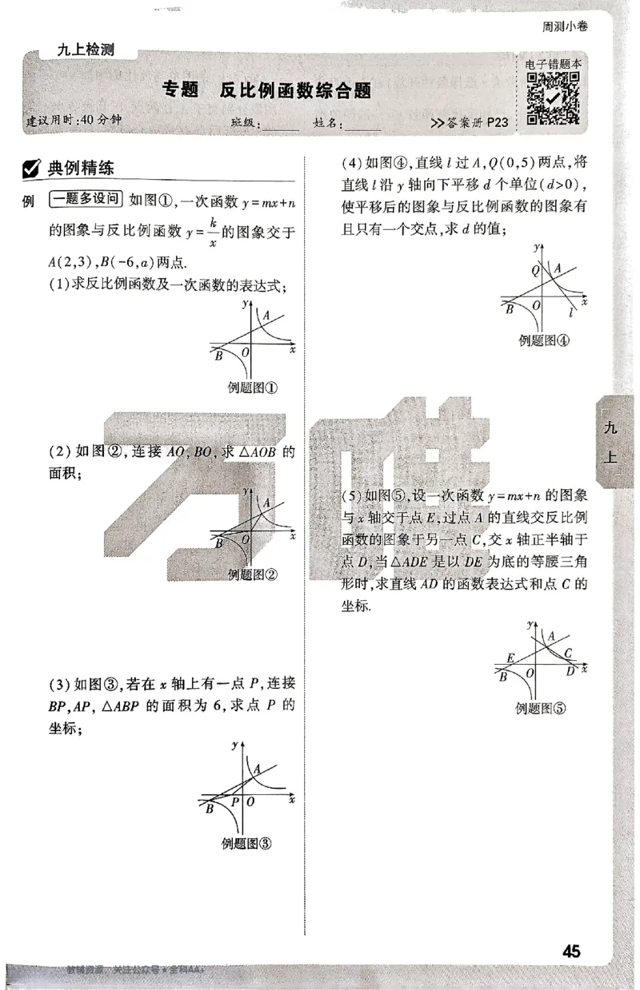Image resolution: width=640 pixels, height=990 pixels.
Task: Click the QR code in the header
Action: (553, 99)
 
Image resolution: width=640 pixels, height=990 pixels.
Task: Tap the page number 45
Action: (571, 951)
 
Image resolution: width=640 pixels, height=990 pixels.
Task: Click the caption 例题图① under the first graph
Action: (252, 388)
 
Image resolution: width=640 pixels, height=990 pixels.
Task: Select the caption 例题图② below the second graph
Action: (252, 574)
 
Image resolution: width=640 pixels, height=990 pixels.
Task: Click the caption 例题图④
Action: (543, 340)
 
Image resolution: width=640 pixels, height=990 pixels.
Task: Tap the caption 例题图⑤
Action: (540, 706)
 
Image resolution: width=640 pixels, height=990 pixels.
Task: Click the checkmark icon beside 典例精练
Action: (33, 169)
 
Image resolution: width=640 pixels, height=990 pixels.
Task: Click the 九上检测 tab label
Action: (86, 50)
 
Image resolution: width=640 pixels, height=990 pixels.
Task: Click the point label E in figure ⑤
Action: (510, 658)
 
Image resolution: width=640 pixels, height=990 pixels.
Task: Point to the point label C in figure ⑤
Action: (567, 652)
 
